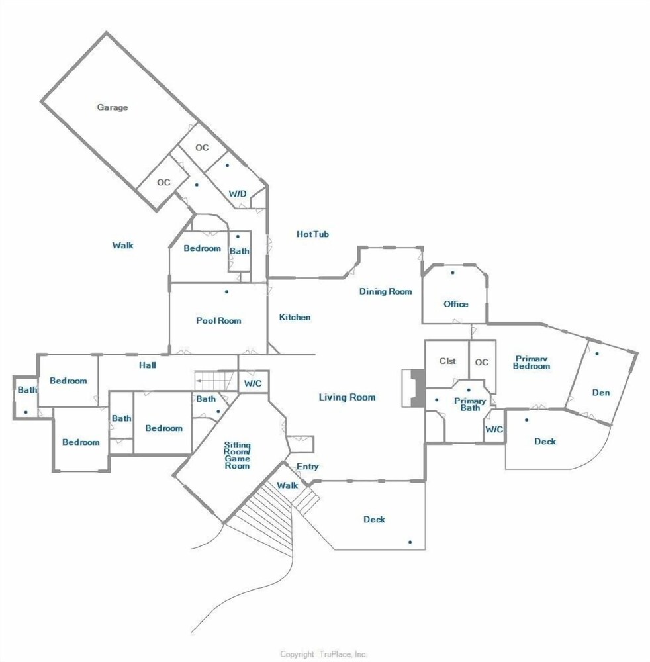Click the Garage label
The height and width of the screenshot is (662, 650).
click(113, 107)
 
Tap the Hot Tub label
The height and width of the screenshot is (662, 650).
click(312, 234)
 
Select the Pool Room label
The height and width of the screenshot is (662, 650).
click(218, 320)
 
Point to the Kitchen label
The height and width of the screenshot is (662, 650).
click(295, 317)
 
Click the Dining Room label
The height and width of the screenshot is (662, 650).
click(385, 291)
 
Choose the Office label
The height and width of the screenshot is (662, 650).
click(456, 304)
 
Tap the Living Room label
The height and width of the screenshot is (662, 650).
click(347, 397)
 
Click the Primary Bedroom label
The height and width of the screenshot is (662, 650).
click(532, 363)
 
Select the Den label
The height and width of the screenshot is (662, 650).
click(600, 393)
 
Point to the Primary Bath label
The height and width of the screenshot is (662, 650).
click(470, 404)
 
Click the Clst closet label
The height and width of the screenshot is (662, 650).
click(447, 361)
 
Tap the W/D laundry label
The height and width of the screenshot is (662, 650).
click(237, 194)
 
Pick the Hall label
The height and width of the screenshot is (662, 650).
click(148, 365)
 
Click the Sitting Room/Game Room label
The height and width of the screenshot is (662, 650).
click(237, 455)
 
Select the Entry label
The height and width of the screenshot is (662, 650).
click(307, 467)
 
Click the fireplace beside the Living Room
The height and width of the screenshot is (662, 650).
click(414, 389)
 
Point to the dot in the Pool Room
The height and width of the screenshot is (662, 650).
click(226, 291)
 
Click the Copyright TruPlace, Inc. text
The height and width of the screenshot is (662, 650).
click(323, 655)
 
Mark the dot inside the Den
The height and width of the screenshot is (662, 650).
click(597, 354)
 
